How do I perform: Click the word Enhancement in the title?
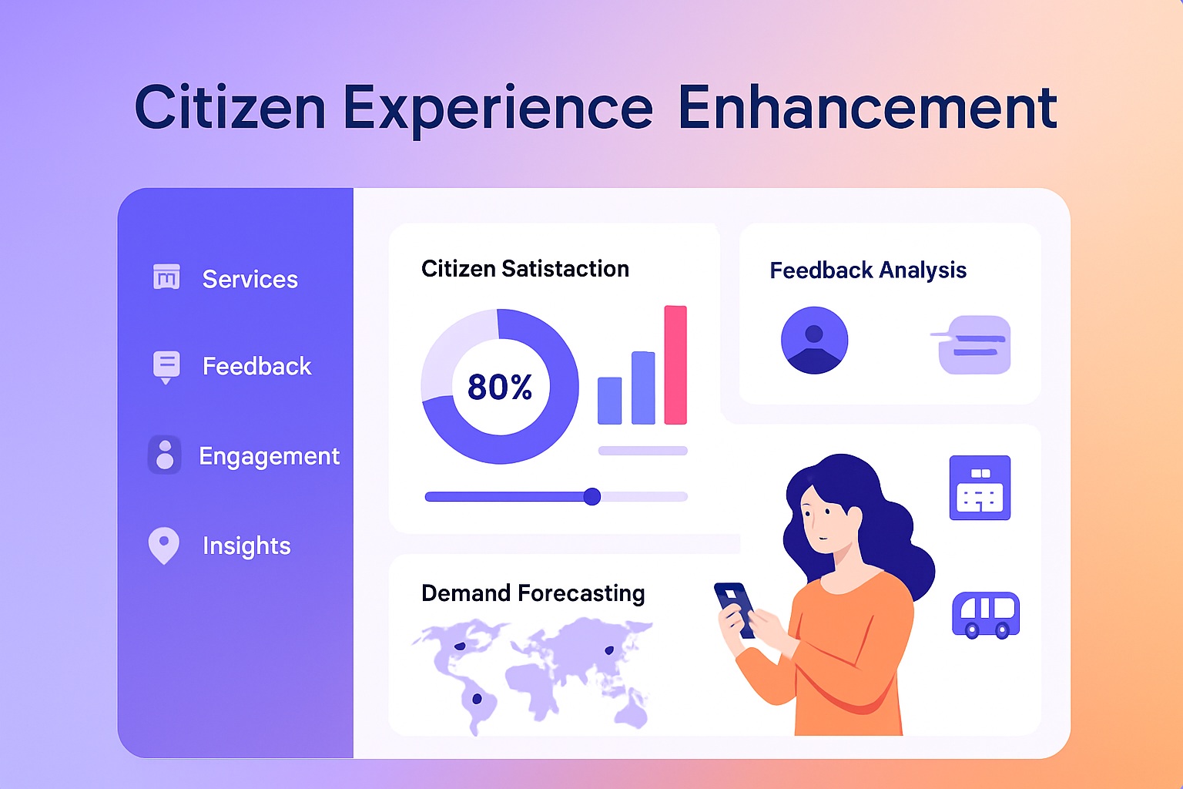pos(866,108)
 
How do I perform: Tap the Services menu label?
pos(250,279)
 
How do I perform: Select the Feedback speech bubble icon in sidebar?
pos(166,366)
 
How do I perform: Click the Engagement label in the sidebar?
pos(269,456)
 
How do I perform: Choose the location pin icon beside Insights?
pos(163,545)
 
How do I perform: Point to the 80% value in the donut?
pos(500,387)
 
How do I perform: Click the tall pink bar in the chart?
pos(675,364)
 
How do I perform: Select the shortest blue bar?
pos(609,401)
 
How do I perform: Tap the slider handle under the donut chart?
pos(591,496)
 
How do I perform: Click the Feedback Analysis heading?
pos(868,270)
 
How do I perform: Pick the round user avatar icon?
pos(814,340)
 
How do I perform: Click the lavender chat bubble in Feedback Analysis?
pos(974,344)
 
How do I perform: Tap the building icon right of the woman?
pos(980,488)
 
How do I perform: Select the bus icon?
pos(986,615)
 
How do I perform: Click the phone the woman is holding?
pos(735,607)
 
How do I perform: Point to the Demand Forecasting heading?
pos(533,593)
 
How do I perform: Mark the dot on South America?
pos(477,699)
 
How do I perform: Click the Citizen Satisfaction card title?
pos(525,269)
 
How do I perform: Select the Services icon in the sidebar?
pos(166,277)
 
